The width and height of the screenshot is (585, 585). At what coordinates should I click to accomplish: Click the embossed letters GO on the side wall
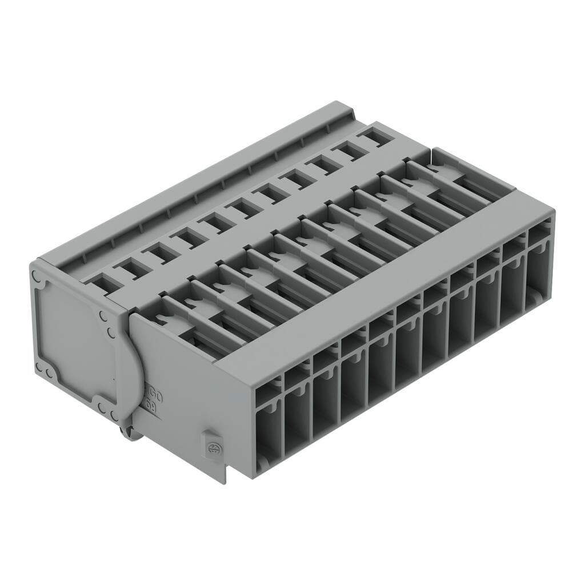point(154,394)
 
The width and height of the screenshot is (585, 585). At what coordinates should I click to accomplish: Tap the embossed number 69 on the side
point(152,406)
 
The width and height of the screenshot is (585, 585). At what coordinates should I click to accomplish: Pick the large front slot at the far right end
point(538,273)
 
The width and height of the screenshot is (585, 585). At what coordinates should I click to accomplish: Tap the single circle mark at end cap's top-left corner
point(38,276)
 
